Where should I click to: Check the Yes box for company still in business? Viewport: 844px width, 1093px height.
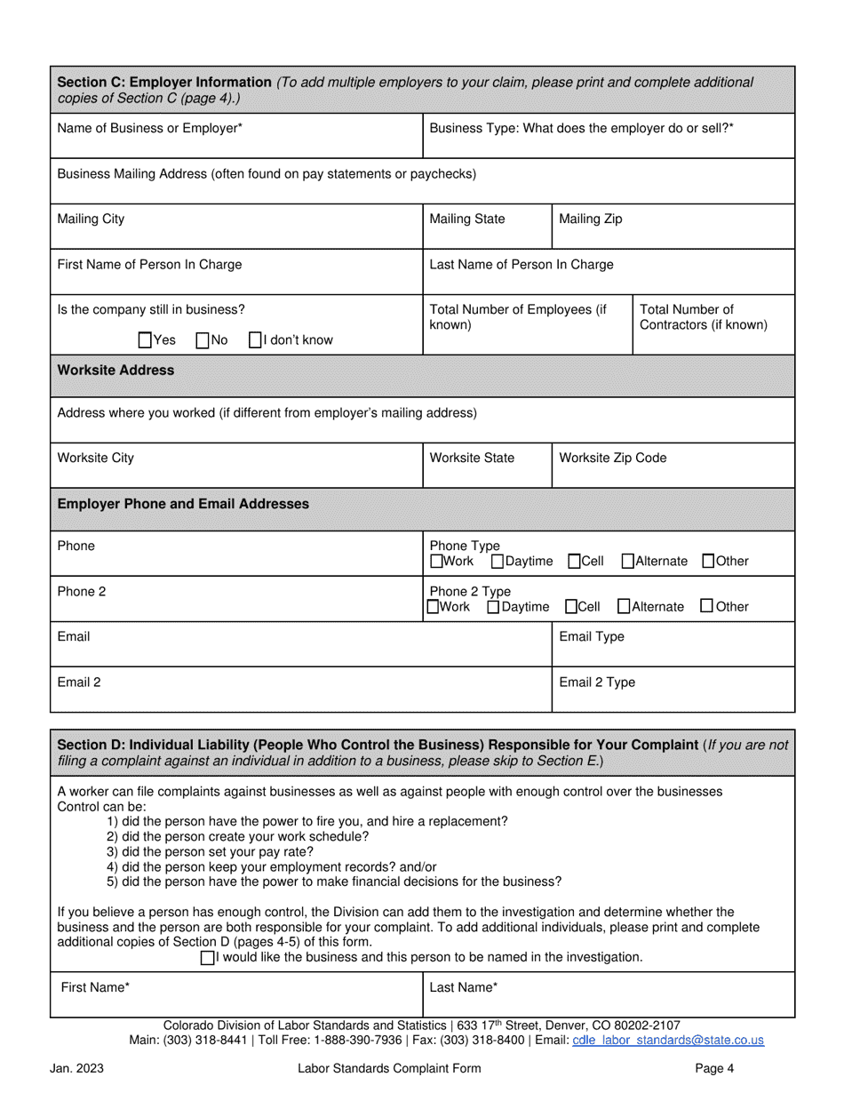click(146, 339)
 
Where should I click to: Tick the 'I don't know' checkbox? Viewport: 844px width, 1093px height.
click(255, 339)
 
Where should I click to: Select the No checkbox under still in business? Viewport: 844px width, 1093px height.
click(202, 339)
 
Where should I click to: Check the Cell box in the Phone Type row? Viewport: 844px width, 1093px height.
click(574, 561)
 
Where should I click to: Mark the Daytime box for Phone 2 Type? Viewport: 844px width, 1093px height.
click(494, 606)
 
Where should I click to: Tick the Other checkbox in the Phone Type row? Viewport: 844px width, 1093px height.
click(708, 561)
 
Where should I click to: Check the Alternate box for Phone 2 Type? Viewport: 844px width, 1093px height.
click(624, 606)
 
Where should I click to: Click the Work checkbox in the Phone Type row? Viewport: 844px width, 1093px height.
click(435, 561)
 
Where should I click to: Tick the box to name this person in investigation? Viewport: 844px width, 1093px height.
click(208, 957)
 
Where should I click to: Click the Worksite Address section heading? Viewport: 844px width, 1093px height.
click(115, 370)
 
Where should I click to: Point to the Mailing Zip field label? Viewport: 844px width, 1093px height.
click(590, 219)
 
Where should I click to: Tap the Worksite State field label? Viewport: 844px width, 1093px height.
click(472, 458)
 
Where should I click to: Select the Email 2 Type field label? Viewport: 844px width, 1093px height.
click(597, 682)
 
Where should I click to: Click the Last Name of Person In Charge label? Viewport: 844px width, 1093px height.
click(521, 264)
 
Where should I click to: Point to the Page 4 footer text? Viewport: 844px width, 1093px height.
click(714, 1068)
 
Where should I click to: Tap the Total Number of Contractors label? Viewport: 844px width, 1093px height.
click(703, 316)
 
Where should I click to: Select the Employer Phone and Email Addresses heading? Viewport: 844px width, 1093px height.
click(183, 504)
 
